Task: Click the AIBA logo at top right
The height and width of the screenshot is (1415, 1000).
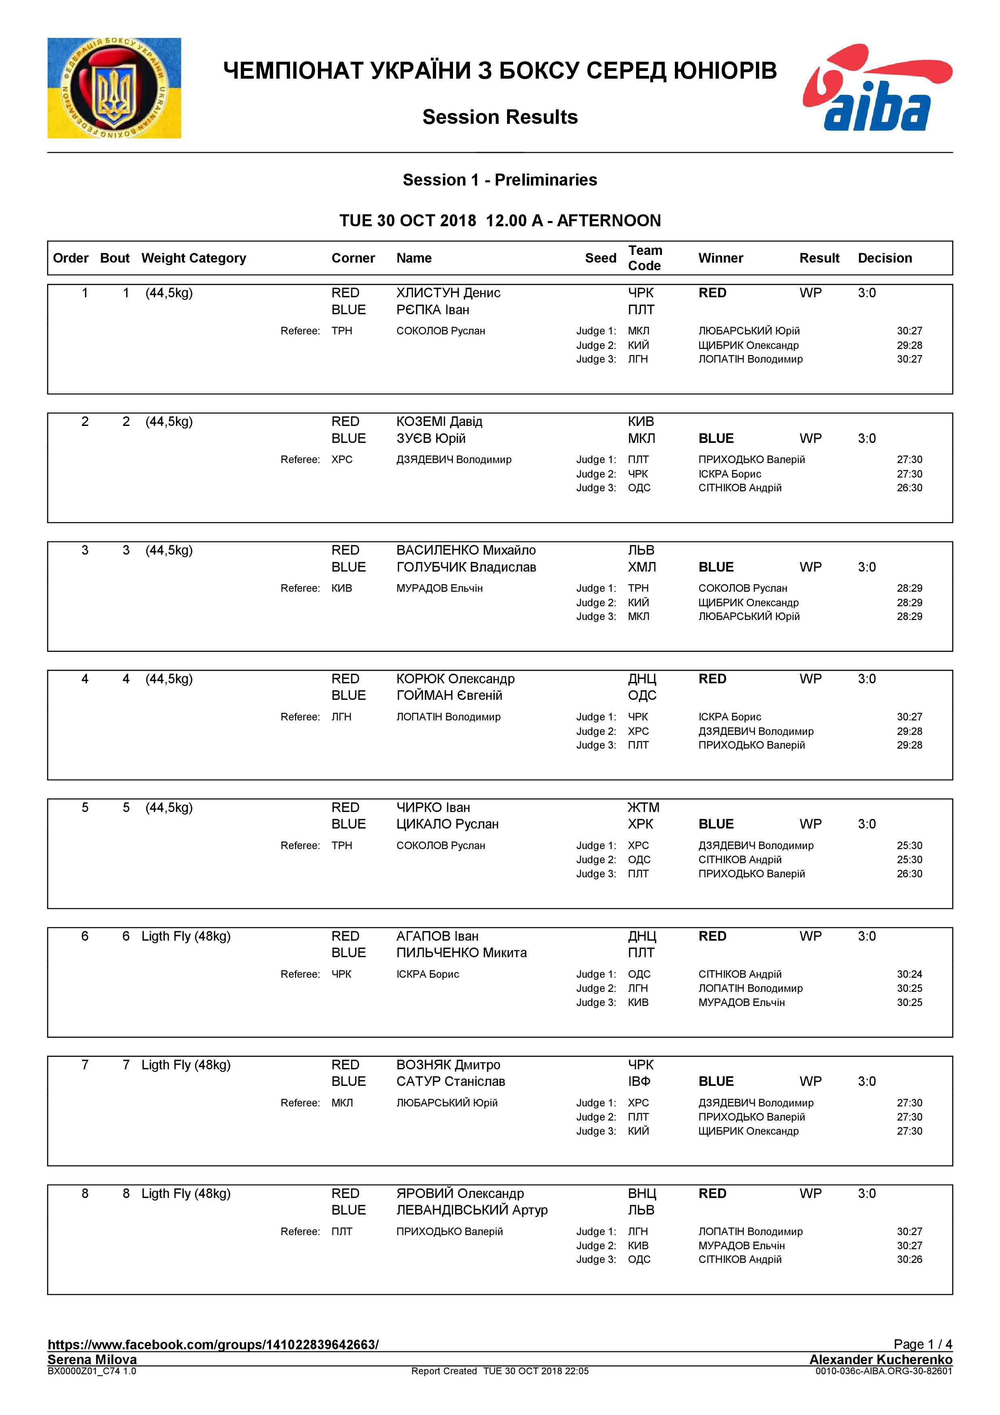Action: pyautogui.click(x=877, y=88)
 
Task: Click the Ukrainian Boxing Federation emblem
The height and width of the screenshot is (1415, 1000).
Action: pyautogui.click(x=114, y=88)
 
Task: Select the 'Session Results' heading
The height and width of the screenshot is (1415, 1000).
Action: pyautogui.click(x=500, y=117)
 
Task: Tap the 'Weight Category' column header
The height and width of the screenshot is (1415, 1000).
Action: pyautogui.click(x=194, y=258)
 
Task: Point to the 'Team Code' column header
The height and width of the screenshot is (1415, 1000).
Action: pyautogui.click(x=645, y=258)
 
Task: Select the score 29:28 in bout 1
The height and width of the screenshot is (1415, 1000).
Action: pyautogui.click(x=909, y=345)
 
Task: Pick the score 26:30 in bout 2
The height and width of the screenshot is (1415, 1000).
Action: pyautogui.click(x=909, y=488)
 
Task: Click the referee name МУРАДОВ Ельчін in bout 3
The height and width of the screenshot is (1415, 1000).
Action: pyautogui.click(x=439, y=588)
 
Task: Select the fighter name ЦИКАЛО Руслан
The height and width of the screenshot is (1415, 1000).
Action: pyautogui.click(x=447, y=824)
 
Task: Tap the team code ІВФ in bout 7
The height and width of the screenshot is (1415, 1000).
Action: pyautogui.click(x=639, y=1081)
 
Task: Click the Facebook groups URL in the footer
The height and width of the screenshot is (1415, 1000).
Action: pyautogui.click(x=213, y=1345)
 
